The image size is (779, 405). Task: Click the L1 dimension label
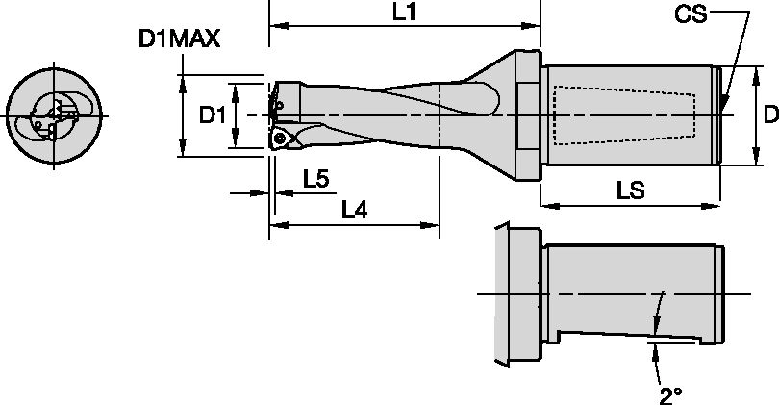(404, 13)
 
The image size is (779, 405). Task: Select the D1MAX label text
(180, 39)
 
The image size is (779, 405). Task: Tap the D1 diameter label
(212, 114)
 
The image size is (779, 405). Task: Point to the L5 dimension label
(316, 179)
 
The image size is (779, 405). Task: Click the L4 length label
(356, 210)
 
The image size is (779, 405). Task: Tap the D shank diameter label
(769, 114)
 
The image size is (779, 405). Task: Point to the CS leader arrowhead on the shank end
(726, 106)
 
